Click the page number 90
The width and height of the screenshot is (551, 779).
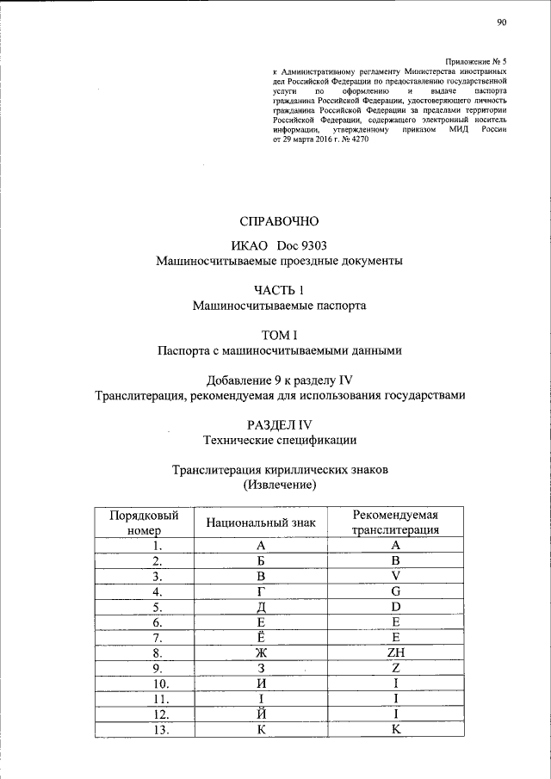tap(501, 24)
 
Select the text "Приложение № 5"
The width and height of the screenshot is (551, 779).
tap(475, 60)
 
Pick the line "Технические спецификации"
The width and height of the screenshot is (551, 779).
tap(279, 441)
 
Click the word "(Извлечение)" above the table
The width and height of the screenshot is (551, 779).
tap(279, 485)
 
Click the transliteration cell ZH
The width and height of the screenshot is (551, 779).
tap(396, 652)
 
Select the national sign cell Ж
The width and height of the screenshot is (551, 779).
tap(260, 652)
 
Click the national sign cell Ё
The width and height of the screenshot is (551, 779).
tap(260, 636)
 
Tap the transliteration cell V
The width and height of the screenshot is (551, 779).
tap(396, 576)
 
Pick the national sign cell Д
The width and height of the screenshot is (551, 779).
tap(260, 607)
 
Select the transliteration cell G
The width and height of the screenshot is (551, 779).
tap(396, 591)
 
